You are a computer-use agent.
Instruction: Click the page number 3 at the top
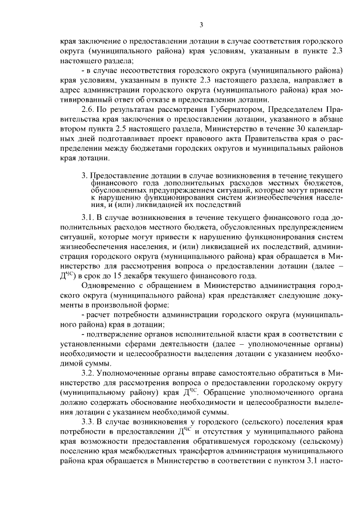tap(201, 24)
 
